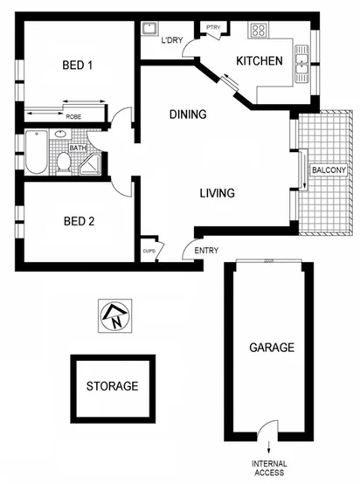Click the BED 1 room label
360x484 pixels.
click(77, 64)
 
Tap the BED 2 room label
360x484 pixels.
click(79, 221)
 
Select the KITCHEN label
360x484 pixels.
click(260, 61)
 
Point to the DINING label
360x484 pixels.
click(188, 114)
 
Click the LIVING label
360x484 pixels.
click(216, 193)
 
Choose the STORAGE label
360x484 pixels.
click(112, 385)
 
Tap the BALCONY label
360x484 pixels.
click(329, 169)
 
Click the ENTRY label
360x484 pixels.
click(206, 252)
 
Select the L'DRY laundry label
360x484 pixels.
click(171, 40)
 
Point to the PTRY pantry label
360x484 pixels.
click(212, 28)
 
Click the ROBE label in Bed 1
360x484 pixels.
click(74, 116)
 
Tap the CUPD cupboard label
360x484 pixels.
click(149, 252)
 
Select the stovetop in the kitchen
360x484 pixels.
click(259, 31)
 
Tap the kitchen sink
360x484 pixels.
click(301, 61)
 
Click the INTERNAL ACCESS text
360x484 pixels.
click(268, 468)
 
